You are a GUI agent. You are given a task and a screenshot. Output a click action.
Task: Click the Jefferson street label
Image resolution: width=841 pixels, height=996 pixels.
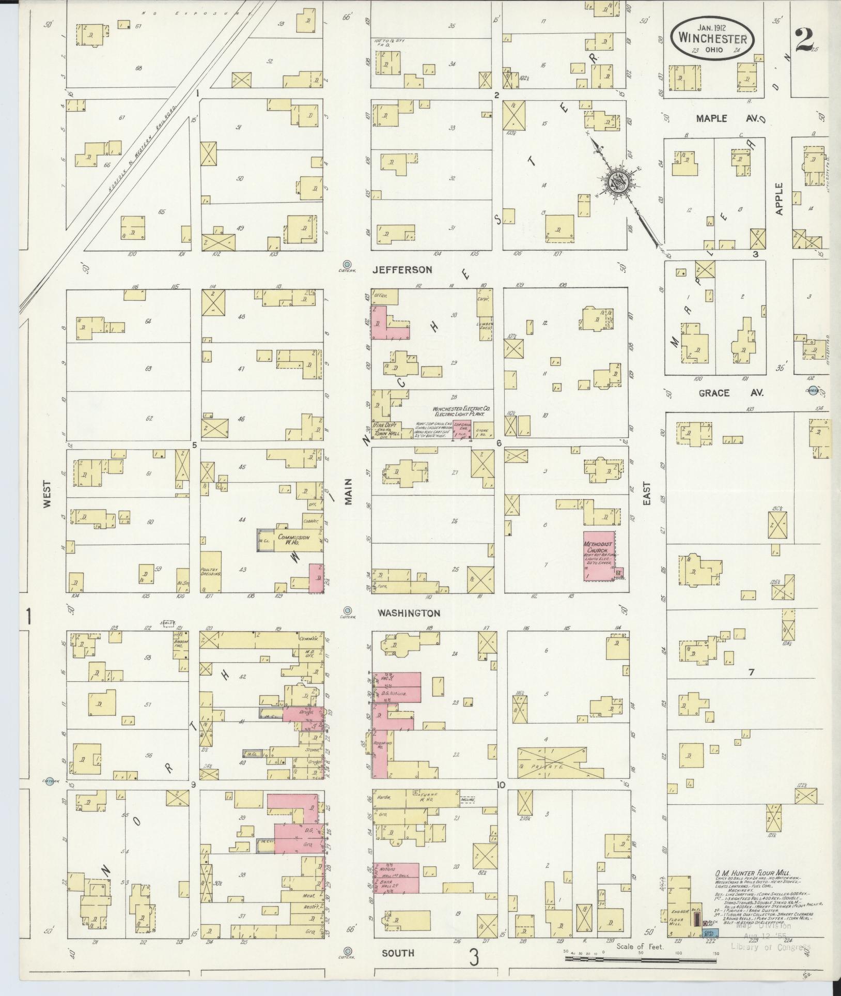402,270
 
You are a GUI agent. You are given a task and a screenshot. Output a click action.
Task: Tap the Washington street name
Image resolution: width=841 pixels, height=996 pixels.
408,613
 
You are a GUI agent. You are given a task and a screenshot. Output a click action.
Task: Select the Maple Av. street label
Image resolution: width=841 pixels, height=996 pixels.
719,118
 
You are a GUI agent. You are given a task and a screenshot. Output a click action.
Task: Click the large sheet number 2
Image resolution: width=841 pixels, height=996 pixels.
805,40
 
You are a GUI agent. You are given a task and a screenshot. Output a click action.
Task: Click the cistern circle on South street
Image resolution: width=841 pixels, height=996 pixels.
348,951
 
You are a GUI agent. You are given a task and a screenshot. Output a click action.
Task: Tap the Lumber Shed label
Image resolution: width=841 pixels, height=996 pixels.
484,325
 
